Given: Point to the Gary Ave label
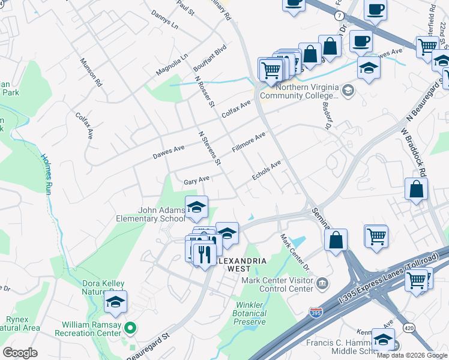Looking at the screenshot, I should pos(196,180).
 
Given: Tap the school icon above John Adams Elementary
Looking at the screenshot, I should pos(196,207).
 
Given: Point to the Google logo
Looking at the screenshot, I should pos(20,353).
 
